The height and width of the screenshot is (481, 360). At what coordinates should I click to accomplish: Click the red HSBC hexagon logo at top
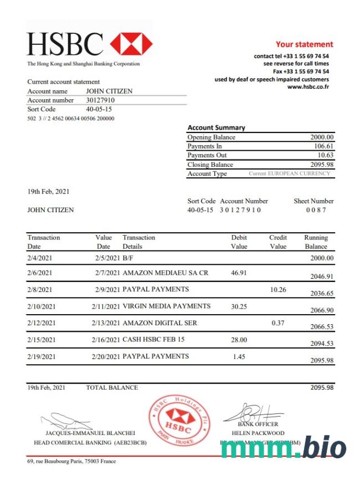pos(131,44)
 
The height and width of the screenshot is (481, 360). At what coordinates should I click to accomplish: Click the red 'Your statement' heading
pos(304,44)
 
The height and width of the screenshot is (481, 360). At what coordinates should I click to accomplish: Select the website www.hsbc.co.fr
pos(308,87)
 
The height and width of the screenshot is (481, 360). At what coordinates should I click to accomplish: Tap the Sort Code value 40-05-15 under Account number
pos(99,109)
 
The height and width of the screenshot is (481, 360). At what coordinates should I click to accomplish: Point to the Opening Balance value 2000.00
pos(322,137)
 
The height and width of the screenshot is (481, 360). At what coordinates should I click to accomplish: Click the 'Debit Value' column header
pos(239,242)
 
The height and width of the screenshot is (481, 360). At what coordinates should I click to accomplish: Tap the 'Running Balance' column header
pos(316,242)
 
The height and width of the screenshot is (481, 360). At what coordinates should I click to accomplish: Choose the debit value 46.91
pos(239,273)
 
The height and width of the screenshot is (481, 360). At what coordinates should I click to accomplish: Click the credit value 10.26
pos(277,289)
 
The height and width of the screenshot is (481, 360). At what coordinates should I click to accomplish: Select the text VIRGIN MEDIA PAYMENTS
pos(166,306)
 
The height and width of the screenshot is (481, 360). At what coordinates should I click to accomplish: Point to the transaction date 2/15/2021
pos(42,340)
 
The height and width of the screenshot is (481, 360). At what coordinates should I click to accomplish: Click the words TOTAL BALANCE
pos(112,387)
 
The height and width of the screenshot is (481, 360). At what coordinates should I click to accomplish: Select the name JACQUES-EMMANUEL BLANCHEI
pos(90,433)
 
